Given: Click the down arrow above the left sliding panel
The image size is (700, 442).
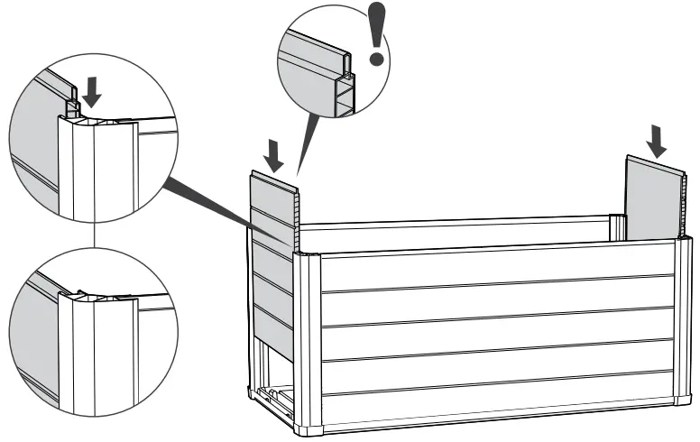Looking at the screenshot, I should (x=276, y=153).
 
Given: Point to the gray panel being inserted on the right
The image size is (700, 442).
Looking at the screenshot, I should (x=653, y=199).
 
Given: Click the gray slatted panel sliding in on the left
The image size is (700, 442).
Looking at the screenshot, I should (x=272, y=253).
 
